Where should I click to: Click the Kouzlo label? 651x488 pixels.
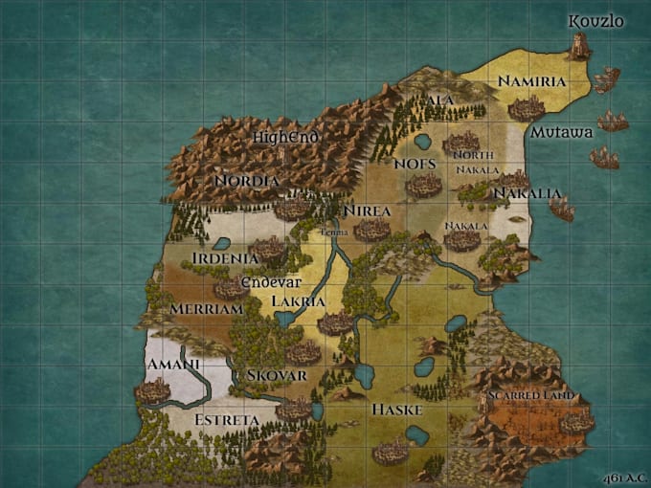coord(595,21)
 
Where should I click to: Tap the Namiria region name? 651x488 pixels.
coord(532,81)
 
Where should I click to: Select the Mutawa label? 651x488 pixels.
coord(562,132)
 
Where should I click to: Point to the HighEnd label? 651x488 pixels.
coord(285,138)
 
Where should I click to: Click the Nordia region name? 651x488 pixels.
coord(247,180)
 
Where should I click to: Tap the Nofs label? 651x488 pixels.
coord(415,165)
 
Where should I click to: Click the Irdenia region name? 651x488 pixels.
coord(225,258)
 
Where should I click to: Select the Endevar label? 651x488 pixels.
coord(271,282)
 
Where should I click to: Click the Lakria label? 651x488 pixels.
coord(299,301)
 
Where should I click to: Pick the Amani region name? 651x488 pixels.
coord(173,365)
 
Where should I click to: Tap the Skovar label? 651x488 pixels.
coord(276,375)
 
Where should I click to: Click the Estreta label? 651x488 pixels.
coord(227,420)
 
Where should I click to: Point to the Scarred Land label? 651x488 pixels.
coord(529,395)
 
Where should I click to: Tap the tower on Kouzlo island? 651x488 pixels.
coord(578,46)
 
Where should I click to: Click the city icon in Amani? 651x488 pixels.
coord(152,389)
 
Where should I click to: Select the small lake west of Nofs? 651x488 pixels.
coord(422,142)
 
